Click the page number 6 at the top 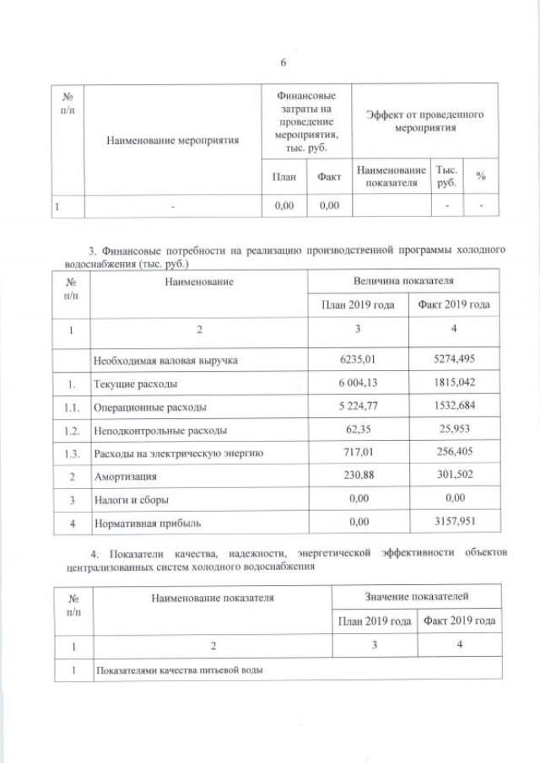283,62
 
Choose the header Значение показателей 417,597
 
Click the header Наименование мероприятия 172,140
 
